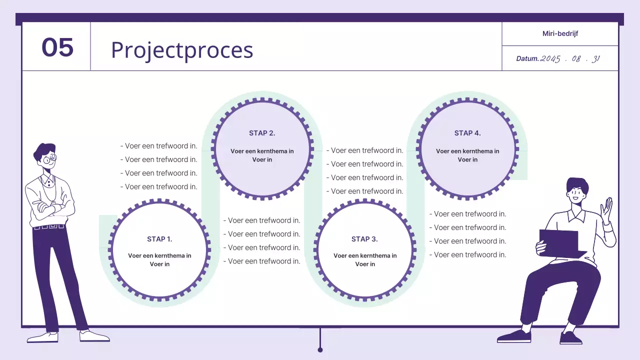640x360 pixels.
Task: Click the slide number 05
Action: [57, 47]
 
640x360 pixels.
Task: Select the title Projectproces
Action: [182, 50]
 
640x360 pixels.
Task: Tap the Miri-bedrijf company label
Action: [560, 34]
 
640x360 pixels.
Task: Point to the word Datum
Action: [527, 58]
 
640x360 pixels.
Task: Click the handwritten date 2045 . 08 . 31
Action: [570, 58]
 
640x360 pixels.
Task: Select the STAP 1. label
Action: [159, 239]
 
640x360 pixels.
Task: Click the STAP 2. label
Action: [262, 133]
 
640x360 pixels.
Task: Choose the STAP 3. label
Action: [364, 239]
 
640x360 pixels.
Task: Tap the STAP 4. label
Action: [467, 133]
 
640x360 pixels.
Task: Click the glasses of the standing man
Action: [49, 160]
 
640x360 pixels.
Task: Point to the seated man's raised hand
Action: [607, 209]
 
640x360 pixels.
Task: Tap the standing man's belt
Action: [48, 227]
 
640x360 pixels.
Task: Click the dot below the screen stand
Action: [320, 349]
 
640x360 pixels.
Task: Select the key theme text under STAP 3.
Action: [365, 259]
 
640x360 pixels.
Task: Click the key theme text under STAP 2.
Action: [262, 155]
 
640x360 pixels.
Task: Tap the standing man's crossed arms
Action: [49, 206]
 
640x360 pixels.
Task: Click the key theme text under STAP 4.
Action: [467, 155]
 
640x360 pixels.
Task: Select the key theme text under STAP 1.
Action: [159, 259]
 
